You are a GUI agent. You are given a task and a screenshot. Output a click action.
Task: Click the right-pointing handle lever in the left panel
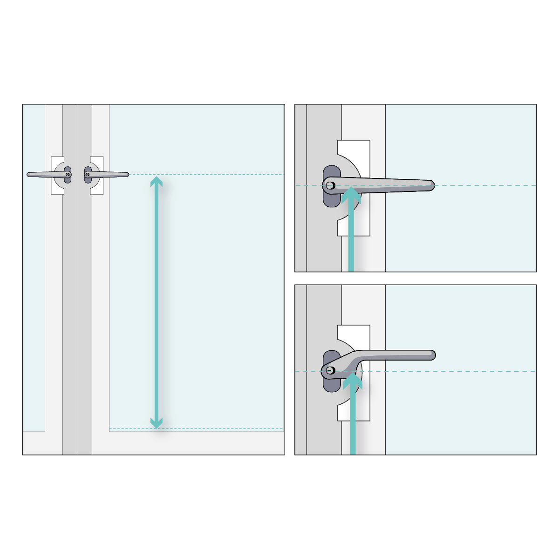tap(112, 175)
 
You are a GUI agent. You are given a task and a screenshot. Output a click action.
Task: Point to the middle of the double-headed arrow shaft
tap(157, 302)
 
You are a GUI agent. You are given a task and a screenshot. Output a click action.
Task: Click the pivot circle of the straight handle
tap(330, 185)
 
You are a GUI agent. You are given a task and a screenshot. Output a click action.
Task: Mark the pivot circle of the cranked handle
tap(330, 371)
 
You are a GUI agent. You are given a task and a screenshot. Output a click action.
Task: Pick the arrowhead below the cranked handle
tap(353, 381)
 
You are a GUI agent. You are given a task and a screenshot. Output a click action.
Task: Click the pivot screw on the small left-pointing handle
tap(68, 175)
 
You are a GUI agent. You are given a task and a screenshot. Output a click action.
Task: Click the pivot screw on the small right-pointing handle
tap(87, 175)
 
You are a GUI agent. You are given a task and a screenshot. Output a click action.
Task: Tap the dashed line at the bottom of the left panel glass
tap(210, 429)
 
